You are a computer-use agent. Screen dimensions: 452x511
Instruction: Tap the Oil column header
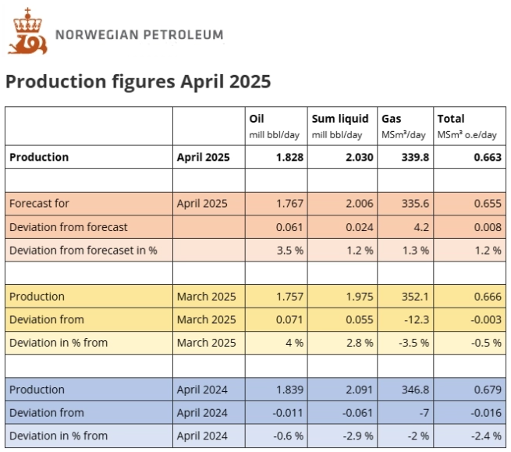[257, 119]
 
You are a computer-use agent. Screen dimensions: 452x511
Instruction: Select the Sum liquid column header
[339, 119]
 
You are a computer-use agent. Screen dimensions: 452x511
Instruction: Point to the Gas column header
[391, 119]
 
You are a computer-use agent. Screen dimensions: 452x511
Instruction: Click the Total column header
[450, 119]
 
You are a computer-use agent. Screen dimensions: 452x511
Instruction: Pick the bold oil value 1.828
[289, 157]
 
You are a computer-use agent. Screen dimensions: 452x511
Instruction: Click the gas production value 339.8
[413, 157]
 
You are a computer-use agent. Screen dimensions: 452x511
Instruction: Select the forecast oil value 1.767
[289, 204]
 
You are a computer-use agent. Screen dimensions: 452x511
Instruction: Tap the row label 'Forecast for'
[39, 204]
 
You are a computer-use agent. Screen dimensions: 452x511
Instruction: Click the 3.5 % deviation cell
[289, 251]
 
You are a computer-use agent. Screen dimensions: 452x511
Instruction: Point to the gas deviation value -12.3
[414, 319]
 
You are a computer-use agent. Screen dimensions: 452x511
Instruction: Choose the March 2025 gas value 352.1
[413, 297]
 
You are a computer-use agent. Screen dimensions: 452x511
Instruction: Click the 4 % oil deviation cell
[293, 343]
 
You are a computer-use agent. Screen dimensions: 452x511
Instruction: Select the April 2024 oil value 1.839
[289, 390]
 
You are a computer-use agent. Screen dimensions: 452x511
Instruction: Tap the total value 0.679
[484, 390]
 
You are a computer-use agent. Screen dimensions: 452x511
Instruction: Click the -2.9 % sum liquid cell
[357, 436]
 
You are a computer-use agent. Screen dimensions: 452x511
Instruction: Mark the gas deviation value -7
[421, 412]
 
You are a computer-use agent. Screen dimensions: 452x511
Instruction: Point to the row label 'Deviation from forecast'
[68, 227]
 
